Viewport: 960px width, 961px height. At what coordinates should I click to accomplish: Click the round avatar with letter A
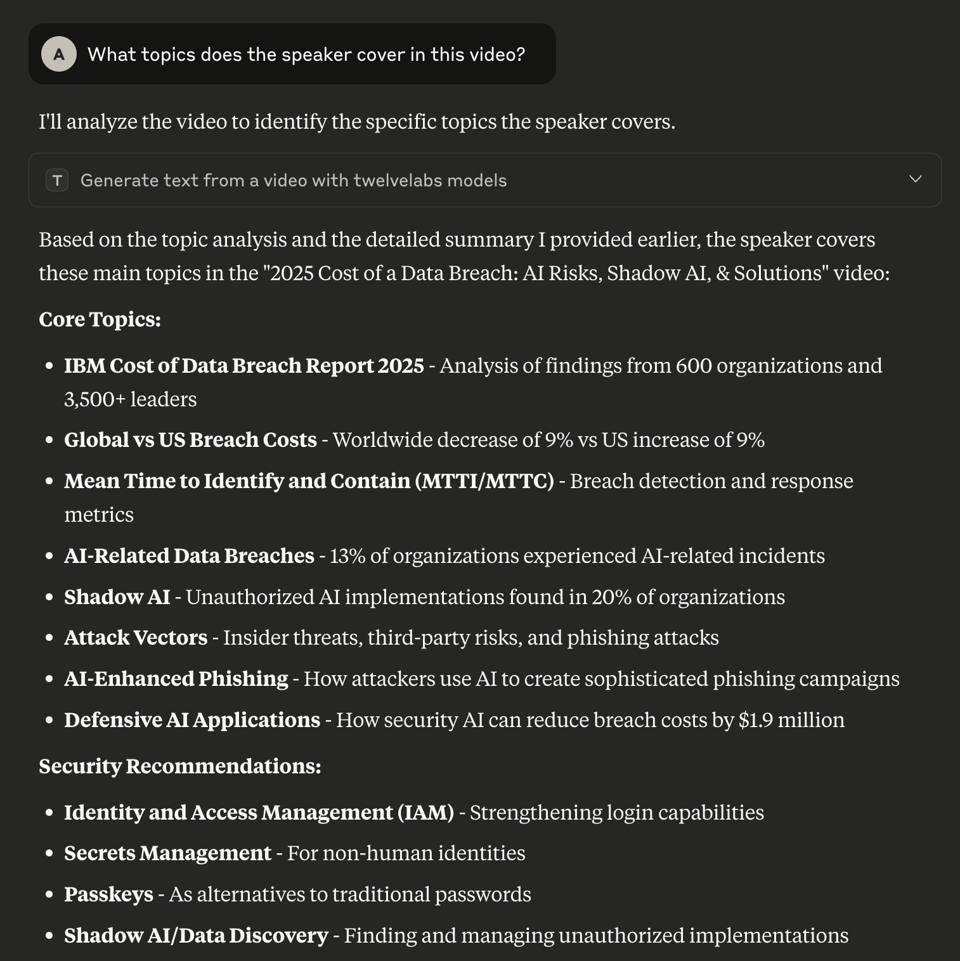(x=59, y=54)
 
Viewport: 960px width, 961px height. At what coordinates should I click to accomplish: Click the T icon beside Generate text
(x=57, y=181)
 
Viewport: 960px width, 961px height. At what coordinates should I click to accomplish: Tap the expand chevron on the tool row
(x=915, y=179)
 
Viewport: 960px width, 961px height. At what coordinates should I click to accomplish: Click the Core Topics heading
(x=100, y=319)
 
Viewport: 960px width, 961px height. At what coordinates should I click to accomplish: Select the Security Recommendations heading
(x=179, y=766)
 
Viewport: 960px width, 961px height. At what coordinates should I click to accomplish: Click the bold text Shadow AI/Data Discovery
(x=196, y=936)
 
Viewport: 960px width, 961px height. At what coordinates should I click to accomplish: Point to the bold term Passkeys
(x=108, y=894)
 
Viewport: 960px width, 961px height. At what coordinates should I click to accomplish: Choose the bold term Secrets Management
(x=167, y=853)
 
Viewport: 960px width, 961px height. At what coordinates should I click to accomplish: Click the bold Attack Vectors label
(x=136, y=638)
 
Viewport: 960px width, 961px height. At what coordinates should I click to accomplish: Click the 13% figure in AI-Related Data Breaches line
(x=347, y=556)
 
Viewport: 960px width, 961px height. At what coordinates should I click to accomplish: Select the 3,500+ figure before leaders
(x=94, y=399)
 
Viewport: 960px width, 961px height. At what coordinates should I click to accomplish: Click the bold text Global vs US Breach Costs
(x=190, y=440)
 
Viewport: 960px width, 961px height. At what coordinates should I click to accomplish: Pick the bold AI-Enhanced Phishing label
(x=176, y=679)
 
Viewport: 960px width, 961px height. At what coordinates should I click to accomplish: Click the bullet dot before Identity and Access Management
(x=49, y=813)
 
